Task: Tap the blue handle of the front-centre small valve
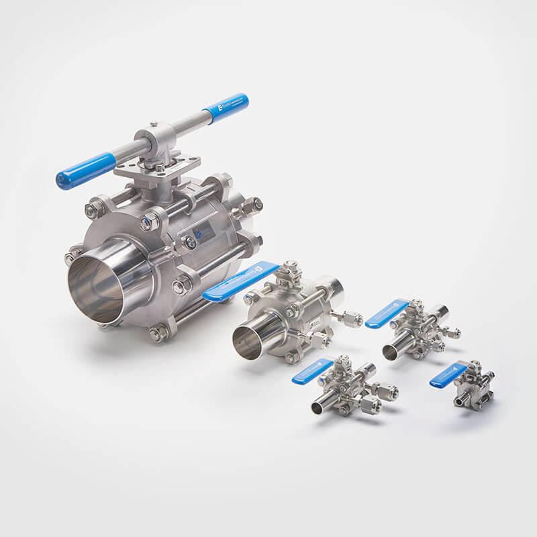tap(312, 371)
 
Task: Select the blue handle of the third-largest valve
tap(386, 313)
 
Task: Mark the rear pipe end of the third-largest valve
tap(439, 311)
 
